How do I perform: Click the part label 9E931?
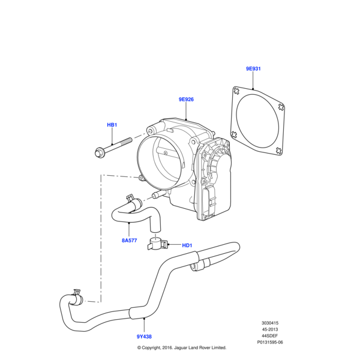[253, 69]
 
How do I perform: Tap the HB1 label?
[112, 125]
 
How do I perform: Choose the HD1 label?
[187, 245]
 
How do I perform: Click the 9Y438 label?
[145, 338]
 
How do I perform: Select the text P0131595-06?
[269, 343]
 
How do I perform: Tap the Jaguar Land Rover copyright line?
[181, 348]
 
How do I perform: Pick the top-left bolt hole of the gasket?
[236, 92]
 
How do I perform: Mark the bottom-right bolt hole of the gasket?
[278, 152]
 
